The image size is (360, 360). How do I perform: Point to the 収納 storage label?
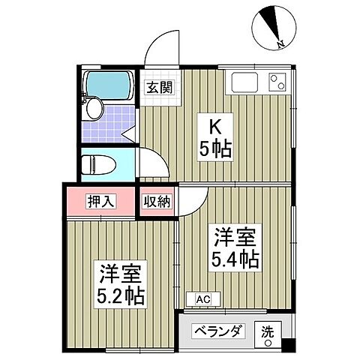pos(157,201)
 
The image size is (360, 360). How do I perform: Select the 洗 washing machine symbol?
pos(267,331)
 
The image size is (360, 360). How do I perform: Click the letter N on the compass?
pos(279,44)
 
